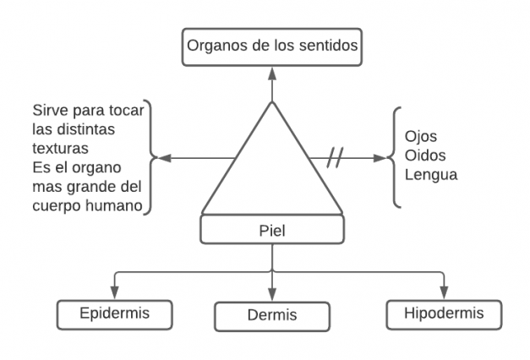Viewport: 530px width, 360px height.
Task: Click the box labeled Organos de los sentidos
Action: pyautogui.click(x=272, y=47)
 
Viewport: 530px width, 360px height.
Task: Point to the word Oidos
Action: pyautogui.click(x=425, y=156)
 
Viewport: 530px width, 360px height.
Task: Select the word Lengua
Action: pyautogui.click(x=432, y=176)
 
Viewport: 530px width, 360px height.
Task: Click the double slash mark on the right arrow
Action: pyautogui.click(x=335, y=157)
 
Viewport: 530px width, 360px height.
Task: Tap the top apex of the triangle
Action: pyautogui.click(x=271, y=102)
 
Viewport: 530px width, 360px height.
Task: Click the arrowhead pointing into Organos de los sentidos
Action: pyautogui.click(x=271, y=73)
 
